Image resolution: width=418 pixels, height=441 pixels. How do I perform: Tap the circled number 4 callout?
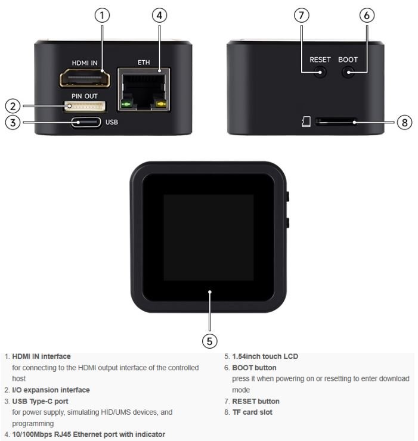(x=159, y=15)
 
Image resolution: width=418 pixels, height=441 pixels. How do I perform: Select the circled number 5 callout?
(x=209, y=340)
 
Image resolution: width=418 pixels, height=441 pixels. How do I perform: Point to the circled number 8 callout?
(x=404, y=122)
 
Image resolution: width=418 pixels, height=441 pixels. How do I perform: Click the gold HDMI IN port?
(x=85, y=78)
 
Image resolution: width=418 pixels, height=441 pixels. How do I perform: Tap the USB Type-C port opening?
(x=86, y=123)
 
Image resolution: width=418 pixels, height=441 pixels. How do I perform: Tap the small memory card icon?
(x=306, y=122)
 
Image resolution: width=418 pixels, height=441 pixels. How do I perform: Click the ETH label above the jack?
(x=144, y=62)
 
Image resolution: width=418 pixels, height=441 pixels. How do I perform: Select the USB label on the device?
(x=112, y=123)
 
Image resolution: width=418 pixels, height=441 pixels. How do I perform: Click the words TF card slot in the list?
(x=256, y=412)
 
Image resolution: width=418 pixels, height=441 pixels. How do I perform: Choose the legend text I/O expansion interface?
(x=51, y=390)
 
